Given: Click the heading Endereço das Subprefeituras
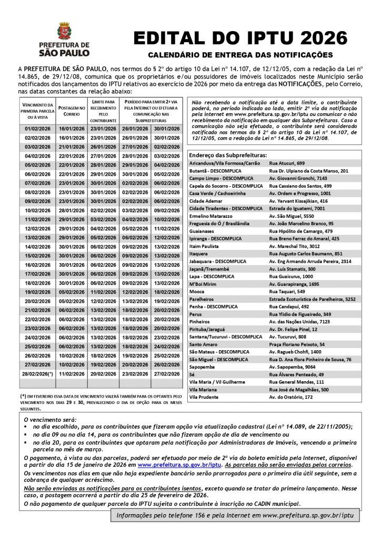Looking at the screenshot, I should tap(227, 156).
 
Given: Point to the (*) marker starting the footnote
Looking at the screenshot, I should tap(24, 395).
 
